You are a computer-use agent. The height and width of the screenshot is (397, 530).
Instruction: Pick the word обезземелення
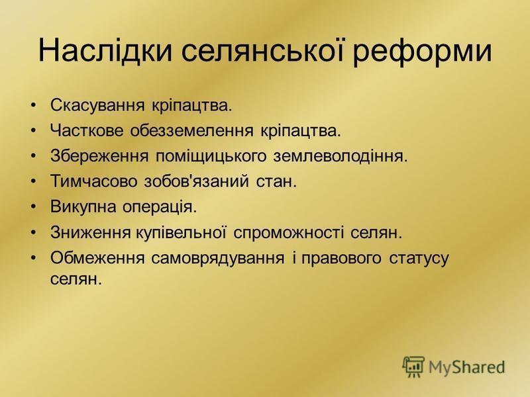pos(191,131)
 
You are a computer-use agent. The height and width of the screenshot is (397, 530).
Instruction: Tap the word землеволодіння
pos(341,156)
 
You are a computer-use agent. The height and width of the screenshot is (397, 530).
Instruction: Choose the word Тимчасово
pos(94,181)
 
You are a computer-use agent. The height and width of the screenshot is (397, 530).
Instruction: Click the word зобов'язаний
pos(196,181)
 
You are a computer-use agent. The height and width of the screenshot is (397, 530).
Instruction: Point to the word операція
pos(160,207)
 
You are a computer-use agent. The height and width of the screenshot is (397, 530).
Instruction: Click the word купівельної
pos(181,232)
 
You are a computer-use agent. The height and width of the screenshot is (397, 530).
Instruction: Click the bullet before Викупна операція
pos(32,207)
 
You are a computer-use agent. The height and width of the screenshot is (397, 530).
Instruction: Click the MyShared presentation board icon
pos(413,367)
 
